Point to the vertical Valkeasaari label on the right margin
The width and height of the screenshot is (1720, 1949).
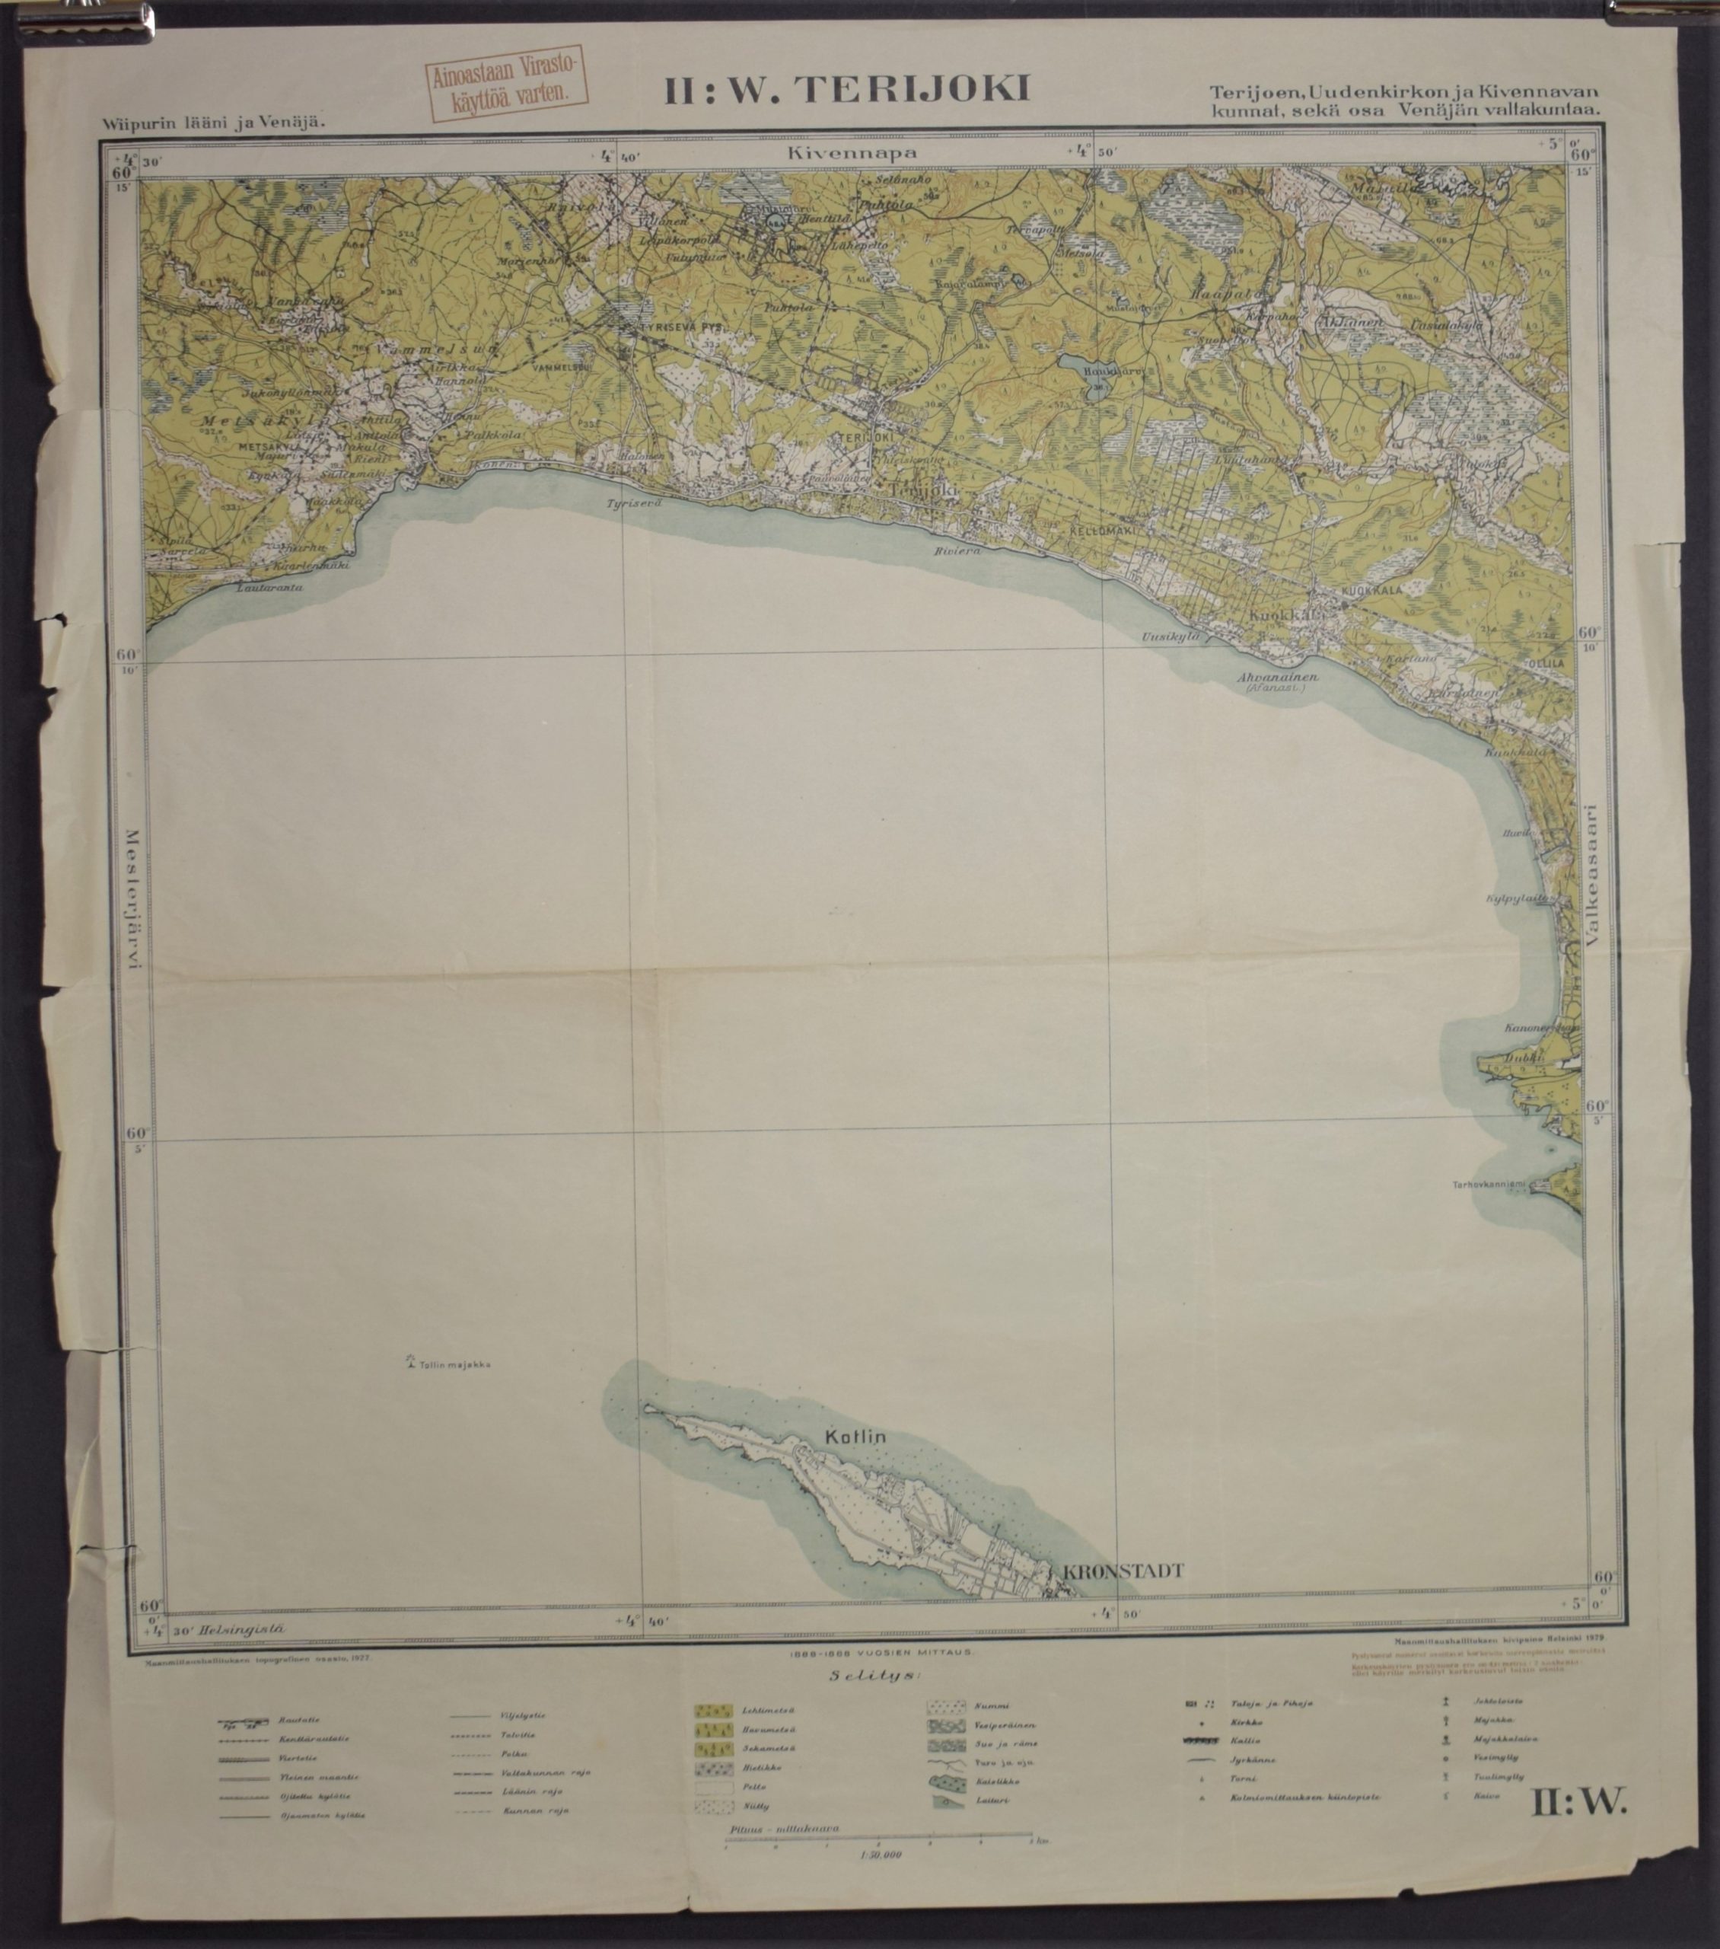[x=1588, y=872]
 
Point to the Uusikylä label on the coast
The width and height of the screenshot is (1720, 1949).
[x=1170, y=636]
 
